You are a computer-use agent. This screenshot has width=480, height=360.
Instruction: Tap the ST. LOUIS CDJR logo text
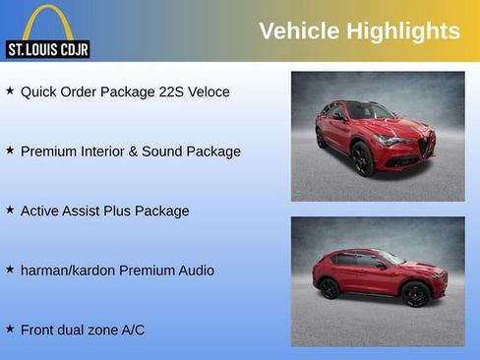tap(47, 49)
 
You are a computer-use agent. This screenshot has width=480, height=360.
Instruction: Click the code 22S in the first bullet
tap(170, 91)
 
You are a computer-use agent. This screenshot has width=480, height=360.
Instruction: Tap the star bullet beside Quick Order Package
tap(10, 90)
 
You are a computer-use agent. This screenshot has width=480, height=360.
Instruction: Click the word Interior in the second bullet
tap(110, 151)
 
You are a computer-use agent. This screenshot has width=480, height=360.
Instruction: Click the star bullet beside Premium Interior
tap(10, 150)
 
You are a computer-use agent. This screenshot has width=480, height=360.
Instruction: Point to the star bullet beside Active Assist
tap(10, 210)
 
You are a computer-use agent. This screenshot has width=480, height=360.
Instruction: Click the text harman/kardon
tap(68, 270)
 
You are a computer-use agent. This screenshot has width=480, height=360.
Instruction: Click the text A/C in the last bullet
tap(132, 330)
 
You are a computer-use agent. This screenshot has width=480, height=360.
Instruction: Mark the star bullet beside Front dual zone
tap(10, 329)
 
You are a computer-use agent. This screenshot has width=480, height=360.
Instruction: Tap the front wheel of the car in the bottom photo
tap(415, 293)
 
